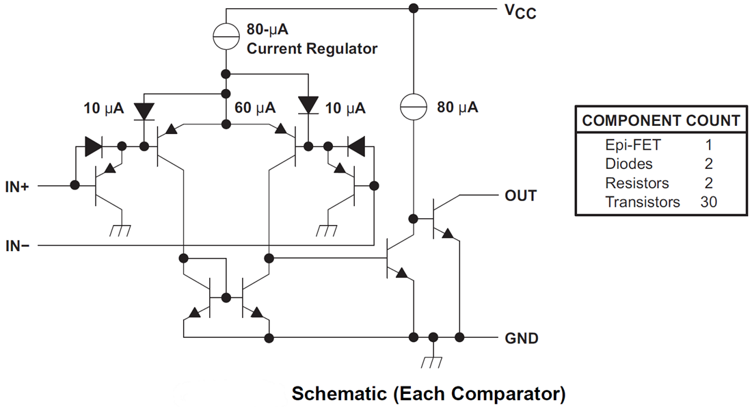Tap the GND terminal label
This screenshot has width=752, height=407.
[x=522, y=338]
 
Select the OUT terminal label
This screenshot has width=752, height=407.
[x=520, y=196]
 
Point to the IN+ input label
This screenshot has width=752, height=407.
[x=17, y=186]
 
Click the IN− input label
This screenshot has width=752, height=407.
[x=17, y=245]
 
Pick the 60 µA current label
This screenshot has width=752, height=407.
[x=255, y=108]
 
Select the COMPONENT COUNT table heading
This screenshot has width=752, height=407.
[x=660, y=122]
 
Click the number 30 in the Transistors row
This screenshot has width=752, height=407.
[x=709, y=202]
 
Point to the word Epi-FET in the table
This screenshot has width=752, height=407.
[x=633, y=145]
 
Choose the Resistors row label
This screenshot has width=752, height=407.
[x=637, y=183]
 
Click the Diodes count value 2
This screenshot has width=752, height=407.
[x=709, y=164]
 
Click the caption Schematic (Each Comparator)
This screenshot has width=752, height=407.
[x=429, y=394]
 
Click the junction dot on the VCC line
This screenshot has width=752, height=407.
[x=413, y=9]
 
